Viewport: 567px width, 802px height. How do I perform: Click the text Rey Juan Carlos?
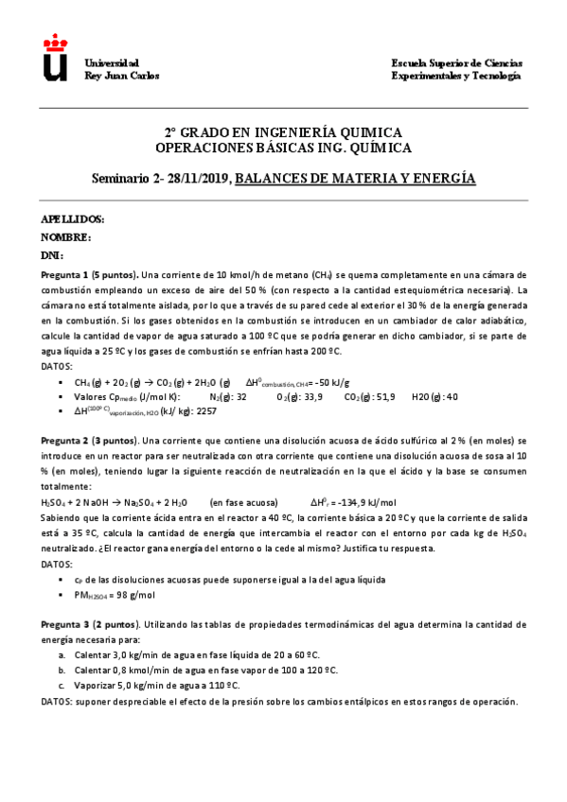pos(122,76)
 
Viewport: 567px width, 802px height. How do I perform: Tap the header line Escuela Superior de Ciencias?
pos(456,62)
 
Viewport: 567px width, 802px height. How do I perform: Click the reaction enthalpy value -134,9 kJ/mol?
pos(374,502)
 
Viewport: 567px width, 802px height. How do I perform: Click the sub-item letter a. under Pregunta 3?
pos(62,654)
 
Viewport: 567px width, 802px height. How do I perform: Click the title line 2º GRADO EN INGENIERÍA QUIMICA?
pos(283,132)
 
